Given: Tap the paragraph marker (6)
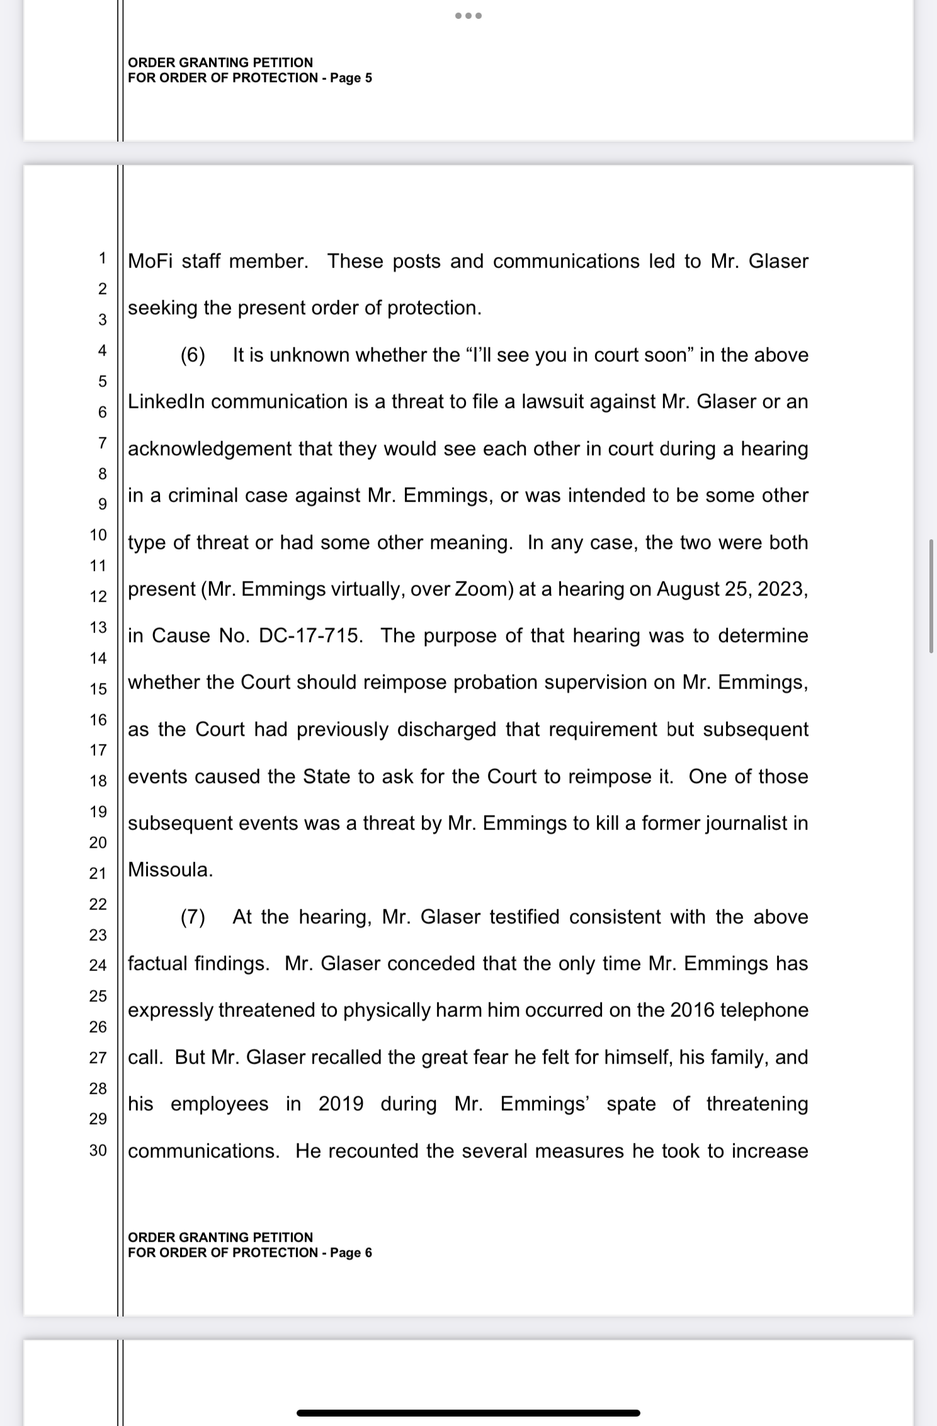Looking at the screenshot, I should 193,355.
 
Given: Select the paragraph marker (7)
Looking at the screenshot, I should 193,917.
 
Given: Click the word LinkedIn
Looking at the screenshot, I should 166,401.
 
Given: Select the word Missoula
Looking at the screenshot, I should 170,870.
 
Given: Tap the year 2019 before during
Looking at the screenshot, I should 341,1104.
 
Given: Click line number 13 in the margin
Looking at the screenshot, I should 98,627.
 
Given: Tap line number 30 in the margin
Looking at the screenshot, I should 98,1150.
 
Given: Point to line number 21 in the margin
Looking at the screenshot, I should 98,873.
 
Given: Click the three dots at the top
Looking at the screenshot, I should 469,16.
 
